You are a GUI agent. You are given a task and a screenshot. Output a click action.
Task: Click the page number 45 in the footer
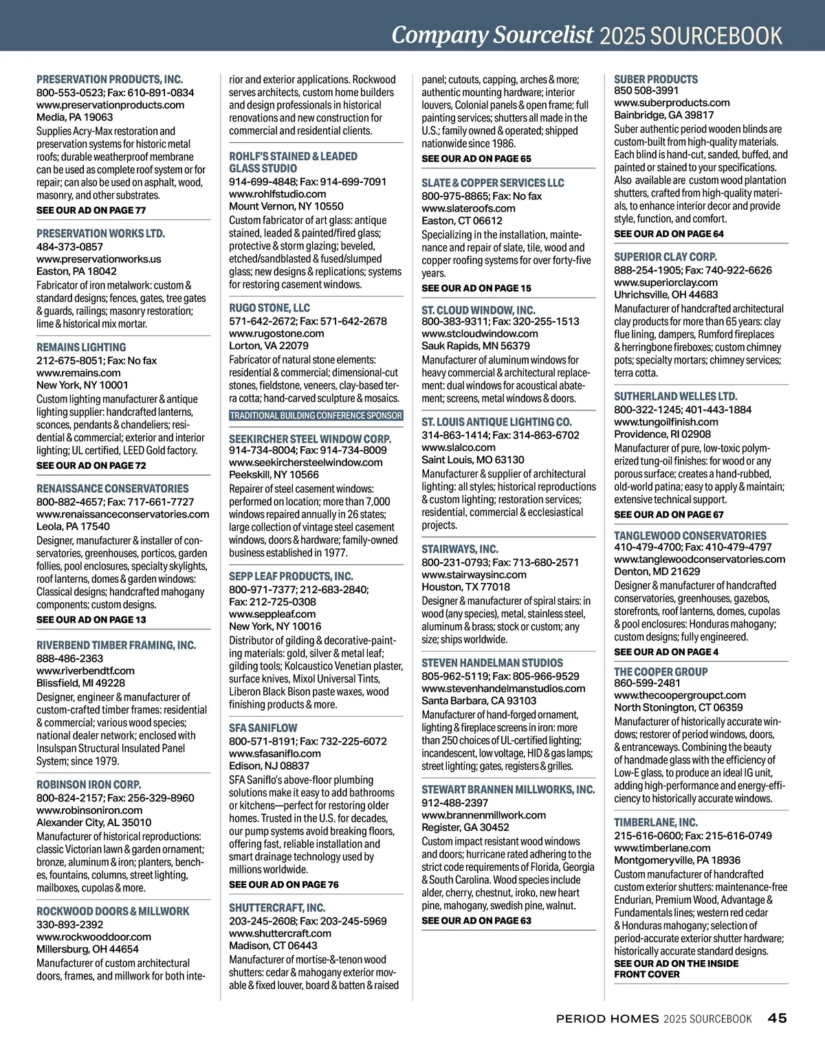coord(777,1019)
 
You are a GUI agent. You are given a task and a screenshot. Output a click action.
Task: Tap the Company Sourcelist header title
coord(492,35)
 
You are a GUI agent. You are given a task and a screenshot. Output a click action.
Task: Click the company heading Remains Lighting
coord(81,347)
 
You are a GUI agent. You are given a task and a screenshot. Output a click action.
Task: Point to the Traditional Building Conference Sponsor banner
coord(316,416)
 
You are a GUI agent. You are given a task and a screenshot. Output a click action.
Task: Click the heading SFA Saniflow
coord(263,728)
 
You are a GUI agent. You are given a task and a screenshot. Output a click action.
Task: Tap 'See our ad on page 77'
coord(91,210)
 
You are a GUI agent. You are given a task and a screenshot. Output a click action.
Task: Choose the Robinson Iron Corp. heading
coord(89,784)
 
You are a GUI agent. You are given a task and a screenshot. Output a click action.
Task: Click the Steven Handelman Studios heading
coord(492,663)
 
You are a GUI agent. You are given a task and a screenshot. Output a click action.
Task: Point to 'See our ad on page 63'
coord(476,920)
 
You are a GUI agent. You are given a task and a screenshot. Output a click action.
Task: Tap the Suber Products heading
coord(655,79)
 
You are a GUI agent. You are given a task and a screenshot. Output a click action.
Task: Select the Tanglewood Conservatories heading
coord(690,535)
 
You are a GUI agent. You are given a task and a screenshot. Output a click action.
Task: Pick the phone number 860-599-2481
coord(647,683)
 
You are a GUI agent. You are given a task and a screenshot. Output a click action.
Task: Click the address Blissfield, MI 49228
coord(80,683)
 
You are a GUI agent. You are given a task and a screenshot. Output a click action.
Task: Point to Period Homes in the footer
coord(607,1019)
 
